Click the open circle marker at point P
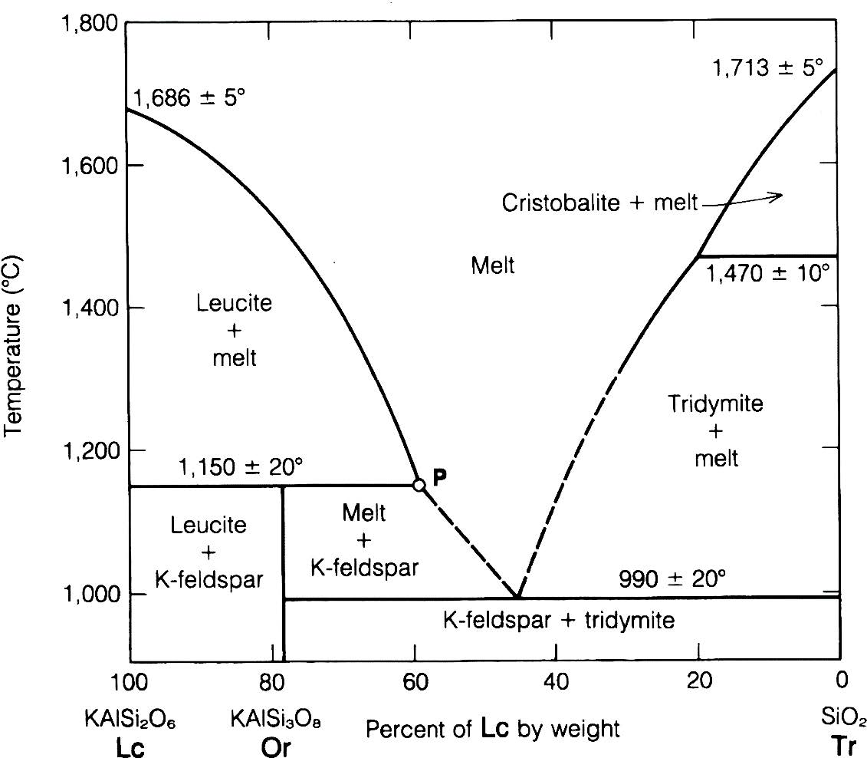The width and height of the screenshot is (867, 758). point(419,484)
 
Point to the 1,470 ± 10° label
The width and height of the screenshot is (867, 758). point(768,272)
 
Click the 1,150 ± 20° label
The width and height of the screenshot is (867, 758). point(241,467)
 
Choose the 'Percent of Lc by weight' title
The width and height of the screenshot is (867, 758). point(493,727)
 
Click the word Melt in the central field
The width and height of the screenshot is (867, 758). point(492,265)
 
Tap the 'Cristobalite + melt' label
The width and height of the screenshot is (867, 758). point(599,203)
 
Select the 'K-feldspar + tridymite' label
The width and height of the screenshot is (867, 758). point(559,620)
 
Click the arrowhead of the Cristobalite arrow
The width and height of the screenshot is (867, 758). point(780,195)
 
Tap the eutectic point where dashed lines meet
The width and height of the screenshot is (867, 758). point(518,596)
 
